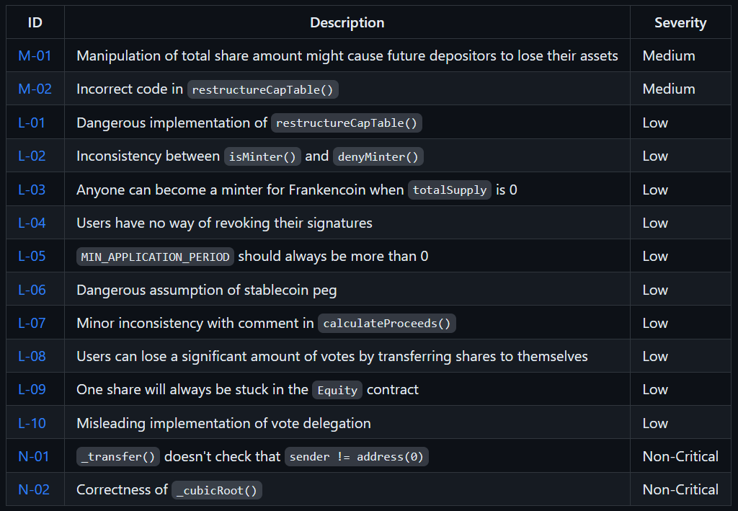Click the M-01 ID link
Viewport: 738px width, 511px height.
[x=35, y=55]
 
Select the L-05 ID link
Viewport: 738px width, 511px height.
[x=32, y=256]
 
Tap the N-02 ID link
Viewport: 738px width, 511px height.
[x=34, y=489]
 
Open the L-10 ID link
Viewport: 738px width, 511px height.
[x=32, y=423]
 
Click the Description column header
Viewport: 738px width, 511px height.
[x=347, y=22]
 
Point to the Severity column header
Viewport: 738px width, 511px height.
[x=680, y=22]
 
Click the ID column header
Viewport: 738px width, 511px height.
[x=35, y=22]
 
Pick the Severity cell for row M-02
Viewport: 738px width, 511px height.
[x=669, y=89]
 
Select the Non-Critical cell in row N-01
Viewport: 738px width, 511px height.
[x=680, y=456]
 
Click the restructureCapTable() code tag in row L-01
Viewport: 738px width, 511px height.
[x=347, y=123]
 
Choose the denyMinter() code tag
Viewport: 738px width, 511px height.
[x=378, y=156]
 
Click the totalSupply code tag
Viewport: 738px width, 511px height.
[x=450, y=190]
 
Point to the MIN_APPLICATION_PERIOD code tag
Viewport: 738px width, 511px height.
[x=155, y=257]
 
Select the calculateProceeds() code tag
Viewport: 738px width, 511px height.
[x=387, y=324]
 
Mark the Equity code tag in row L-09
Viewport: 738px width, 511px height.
[x=337, y=390]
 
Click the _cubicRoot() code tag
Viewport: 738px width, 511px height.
[x=217, y=490]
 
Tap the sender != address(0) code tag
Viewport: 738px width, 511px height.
[x=357, y=457]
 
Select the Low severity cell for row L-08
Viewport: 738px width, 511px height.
[x=655, y=356]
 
